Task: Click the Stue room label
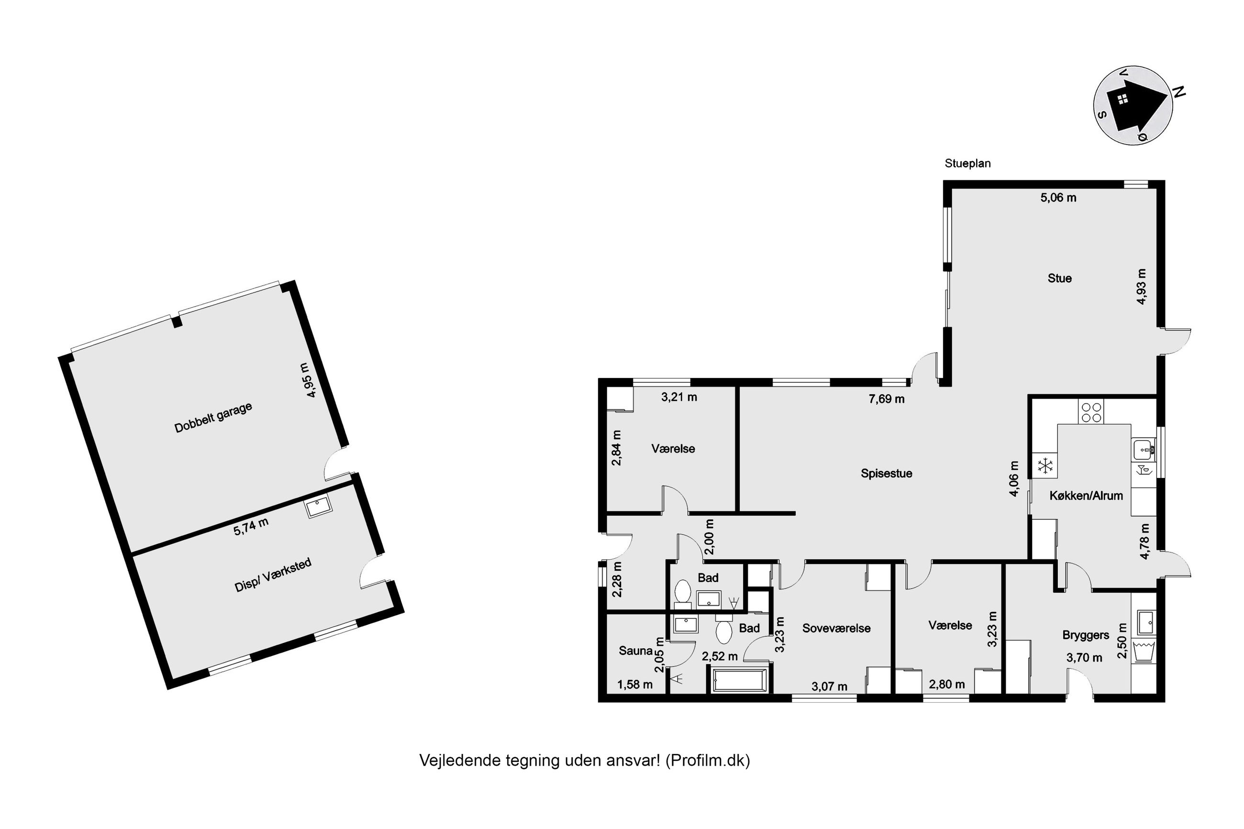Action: coord(1059,278)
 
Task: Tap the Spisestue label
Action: coord(886,473)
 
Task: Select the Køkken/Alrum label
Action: coord(1086,496)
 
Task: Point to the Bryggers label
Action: coord(1086,635)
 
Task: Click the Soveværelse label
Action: coord(836,628)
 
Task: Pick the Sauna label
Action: coord(635,650)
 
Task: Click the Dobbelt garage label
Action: coord(213,417)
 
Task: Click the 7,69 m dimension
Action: coord(886,398)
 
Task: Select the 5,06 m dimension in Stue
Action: coord(1058,198)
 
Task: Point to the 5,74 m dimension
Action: coord(251,526)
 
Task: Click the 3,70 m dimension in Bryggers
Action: coord(1084,658)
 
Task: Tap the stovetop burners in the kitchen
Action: coord(1091,412)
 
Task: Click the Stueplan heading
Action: coord(967,164)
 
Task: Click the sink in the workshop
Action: coord(318,506)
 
